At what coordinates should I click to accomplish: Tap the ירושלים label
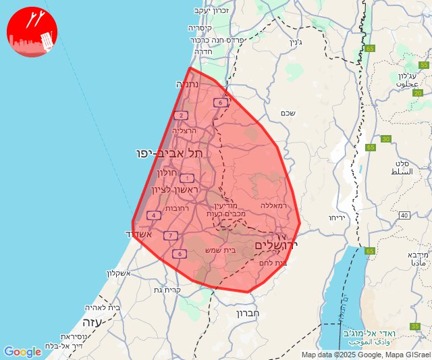(277, 244)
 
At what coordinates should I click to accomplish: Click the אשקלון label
(122, 273)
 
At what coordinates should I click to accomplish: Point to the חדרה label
(203, 51)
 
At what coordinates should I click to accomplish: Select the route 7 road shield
(171, 235)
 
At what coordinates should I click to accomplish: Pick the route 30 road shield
(385, 139)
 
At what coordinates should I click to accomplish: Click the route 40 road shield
(404, 215)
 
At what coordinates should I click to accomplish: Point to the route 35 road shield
(414, 327)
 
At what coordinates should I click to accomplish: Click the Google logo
(22, 352)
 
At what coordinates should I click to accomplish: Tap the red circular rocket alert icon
(32, 32)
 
